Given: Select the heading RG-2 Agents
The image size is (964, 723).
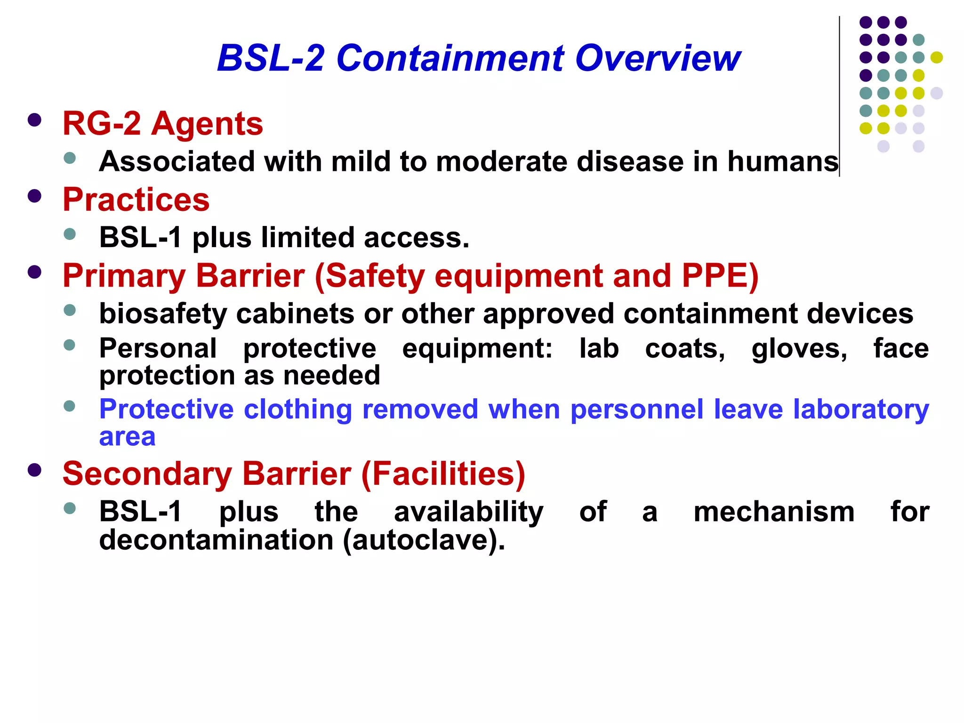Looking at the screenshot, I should click(x=162, y=124).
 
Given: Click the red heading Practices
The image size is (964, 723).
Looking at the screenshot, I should click(x=136, y=200).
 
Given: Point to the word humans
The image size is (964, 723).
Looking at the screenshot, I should click(x=783, y=161).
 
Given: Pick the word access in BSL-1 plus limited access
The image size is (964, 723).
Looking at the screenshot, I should click(x=416, y=238).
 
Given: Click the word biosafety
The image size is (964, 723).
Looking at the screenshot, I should click(x=163, y=314).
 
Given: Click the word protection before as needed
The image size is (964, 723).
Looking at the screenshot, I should click(x=167, y=376).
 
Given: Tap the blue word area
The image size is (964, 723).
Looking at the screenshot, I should click(x=127, y=437).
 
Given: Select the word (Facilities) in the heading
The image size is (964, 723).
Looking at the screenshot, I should click(x=443, y=474).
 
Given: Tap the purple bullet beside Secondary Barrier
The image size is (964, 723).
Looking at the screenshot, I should click(x=34, y=470).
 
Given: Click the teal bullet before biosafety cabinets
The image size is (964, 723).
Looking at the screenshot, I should click(x=70, y=310).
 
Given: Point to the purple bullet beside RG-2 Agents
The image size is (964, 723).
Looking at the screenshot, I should click(x=34, y=120).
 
